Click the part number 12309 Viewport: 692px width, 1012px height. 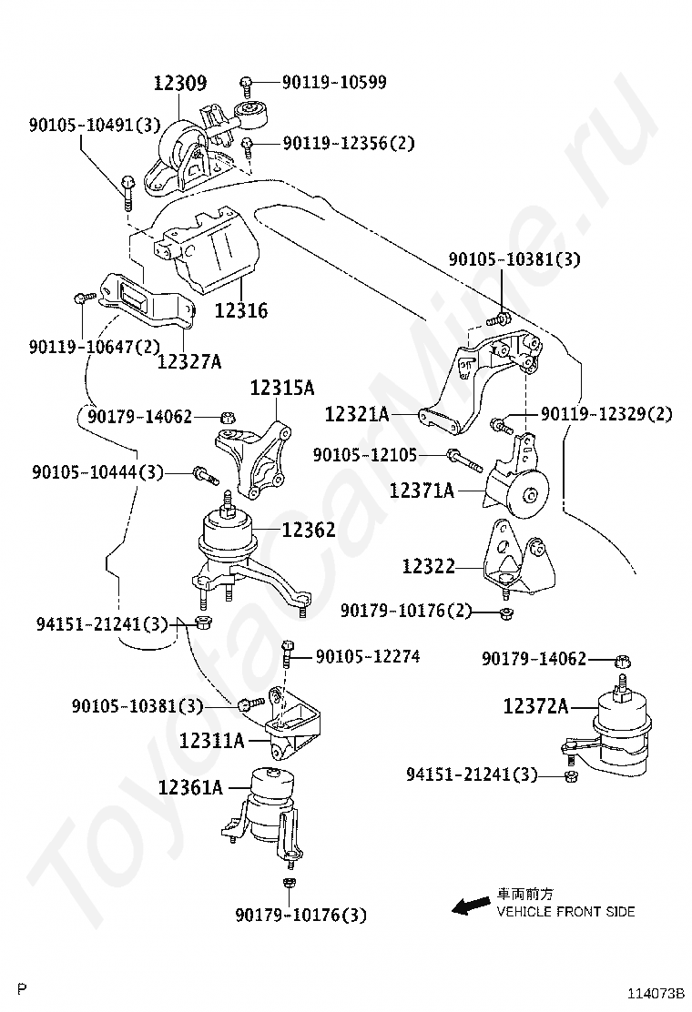tap(179, 83)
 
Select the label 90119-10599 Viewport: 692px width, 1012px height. tap(333, 82)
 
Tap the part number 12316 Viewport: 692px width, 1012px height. tap(241, 310)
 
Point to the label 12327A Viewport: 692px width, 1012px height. tap(188, 361)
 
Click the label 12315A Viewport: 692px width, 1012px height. tap(281, 388)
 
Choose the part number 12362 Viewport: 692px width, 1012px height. tap(308, 530)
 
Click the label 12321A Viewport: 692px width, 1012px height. tap(357, 415)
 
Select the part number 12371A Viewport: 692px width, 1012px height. tap(422, 491)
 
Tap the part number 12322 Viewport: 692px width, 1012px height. tap(428, 566)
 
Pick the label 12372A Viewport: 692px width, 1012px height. tap(535, 705)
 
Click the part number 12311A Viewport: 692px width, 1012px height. tap(212, 741)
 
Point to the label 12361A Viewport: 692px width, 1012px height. tap(189, 786)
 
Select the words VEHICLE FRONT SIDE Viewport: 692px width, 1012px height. tap(565, 911)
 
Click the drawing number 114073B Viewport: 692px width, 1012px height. tap(655, 993)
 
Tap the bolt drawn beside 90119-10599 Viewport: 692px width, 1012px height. tap(247, 85)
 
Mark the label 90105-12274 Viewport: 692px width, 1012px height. tap(368, 655)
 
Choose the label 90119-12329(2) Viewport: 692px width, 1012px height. tap(605, 414)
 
